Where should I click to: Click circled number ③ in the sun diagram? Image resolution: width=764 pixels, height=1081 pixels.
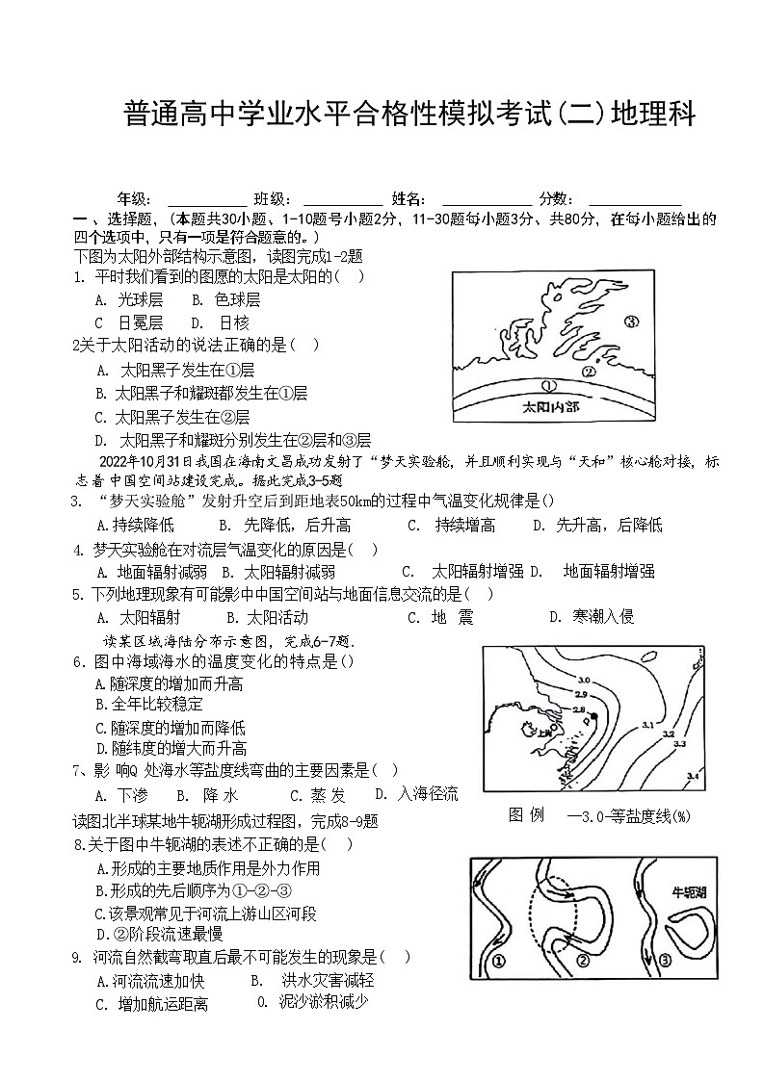coord(631,322)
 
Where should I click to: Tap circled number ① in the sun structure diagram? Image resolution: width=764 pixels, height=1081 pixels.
coord(549,385)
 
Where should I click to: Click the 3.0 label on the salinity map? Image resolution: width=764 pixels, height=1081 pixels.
coord(583,681)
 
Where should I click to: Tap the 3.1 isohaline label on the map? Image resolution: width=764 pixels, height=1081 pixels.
coord(647,724)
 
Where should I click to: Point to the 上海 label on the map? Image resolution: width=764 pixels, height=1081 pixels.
coord(545,732)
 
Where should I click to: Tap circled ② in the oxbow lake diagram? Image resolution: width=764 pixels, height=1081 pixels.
coord(582,960)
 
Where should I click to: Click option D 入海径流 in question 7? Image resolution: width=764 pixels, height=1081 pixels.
coord(416,794)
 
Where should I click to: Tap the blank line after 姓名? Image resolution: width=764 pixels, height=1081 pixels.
coord(486,198)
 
